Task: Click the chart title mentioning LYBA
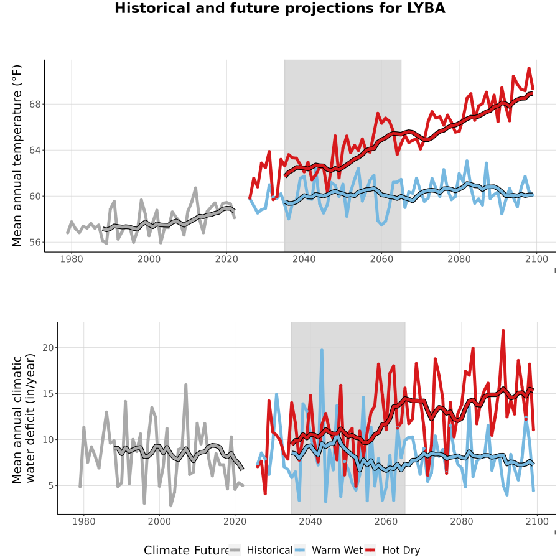tap(279, 8)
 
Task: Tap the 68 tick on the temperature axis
tap(35, 105)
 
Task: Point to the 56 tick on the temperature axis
tap(35, 242)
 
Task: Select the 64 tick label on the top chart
tap(35, 151)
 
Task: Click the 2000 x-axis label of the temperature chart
tap(149, 259)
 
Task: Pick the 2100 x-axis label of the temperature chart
tap(537, 259)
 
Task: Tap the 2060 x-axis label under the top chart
tap(381, 259)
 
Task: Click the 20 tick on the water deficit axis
tap(48, 347)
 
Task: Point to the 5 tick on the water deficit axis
tap(51, 486)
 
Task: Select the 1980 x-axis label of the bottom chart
tap(84, 521)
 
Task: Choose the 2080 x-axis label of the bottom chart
tap(462, 521)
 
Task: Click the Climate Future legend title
tap(186, 550)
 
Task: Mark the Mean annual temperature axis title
tap(17, 156)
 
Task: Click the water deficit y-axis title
tap(24, 418)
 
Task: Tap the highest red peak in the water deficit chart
tap(503, 331)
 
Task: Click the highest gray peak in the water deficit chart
tap(185, 385)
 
